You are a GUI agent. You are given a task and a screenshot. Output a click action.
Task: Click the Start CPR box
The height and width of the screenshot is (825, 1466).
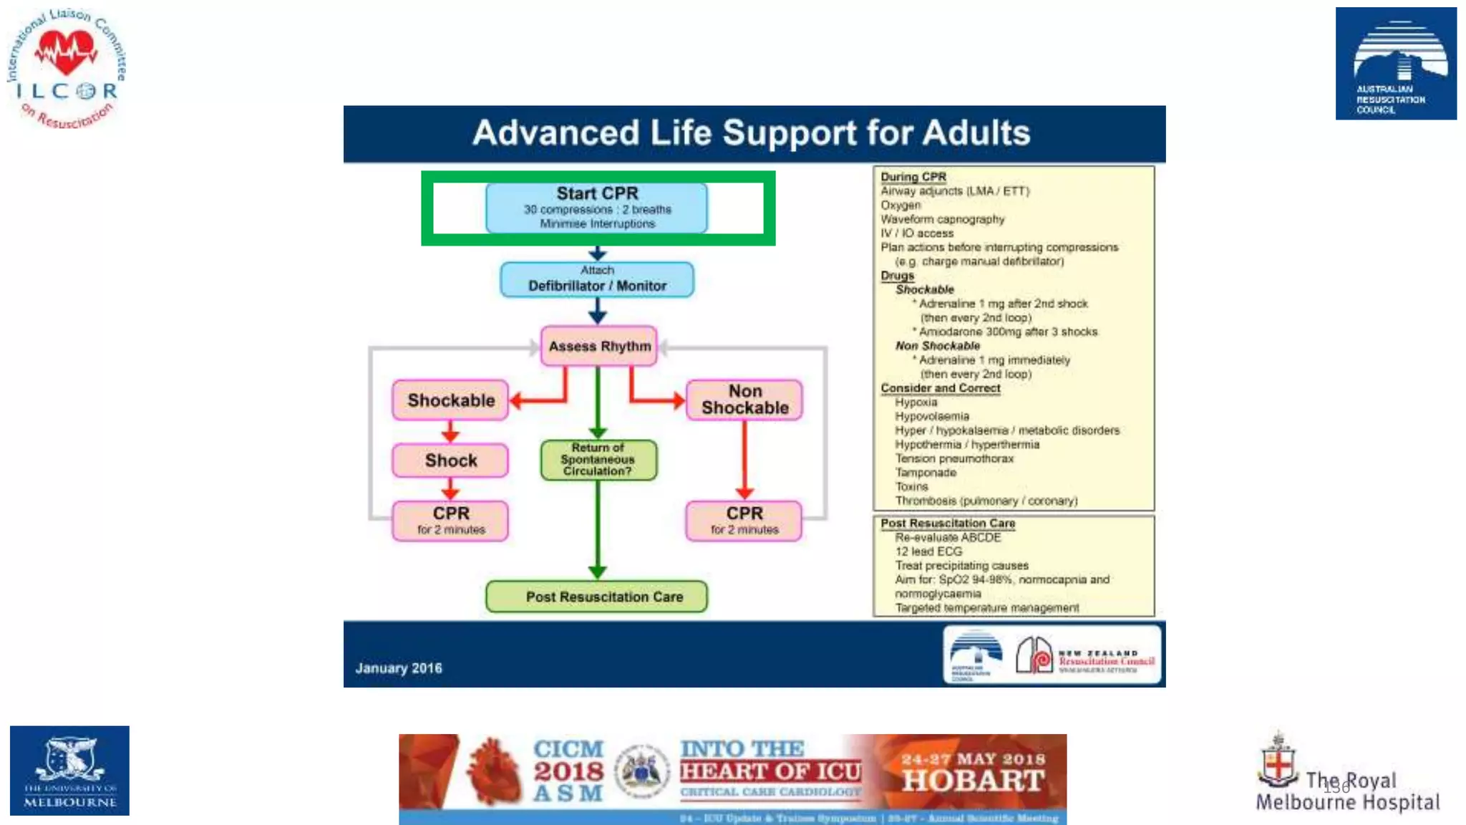point(596,208)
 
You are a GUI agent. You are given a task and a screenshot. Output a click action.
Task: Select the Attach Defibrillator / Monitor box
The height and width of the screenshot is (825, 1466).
point(597,279)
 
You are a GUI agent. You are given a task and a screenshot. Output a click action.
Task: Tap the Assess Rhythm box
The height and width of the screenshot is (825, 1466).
point(599,347)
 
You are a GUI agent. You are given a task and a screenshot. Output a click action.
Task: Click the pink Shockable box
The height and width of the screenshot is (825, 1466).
point(450,400)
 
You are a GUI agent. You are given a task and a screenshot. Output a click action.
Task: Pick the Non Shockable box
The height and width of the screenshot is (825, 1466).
point(744,400)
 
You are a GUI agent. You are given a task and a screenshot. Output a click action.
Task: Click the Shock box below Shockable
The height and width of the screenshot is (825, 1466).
point(450,460)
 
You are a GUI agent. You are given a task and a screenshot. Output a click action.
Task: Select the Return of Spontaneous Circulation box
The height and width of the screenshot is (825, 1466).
point(598,460)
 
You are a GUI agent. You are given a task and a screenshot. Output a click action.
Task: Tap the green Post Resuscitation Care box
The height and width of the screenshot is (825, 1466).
point(596,597)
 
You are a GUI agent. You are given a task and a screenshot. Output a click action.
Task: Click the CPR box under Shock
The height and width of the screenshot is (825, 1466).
point(450,521)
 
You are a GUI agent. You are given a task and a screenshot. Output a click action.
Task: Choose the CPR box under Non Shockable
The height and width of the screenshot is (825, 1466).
point(744,521)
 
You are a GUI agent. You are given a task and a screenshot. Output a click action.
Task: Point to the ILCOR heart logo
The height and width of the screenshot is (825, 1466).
point(67,54)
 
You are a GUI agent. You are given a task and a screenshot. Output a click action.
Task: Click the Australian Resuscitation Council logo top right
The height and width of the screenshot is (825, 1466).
point(1396,64)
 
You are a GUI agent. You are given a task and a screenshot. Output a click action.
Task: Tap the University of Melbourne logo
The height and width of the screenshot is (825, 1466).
point(69,771)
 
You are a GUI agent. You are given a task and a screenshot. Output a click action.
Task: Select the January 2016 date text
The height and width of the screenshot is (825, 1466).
point(399,668)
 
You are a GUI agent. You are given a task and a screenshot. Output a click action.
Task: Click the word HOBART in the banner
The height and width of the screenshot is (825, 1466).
point(974,781)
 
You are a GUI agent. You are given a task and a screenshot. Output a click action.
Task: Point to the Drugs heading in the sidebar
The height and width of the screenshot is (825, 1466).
point(897,276)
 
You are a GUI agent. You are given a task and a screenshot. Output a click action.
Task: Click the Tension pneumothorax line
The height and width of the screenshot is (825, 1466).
point(953,458)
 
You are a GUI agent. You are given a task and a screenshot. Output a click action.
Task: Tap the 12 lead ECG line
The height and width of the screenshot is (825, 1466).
point(928,551)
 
